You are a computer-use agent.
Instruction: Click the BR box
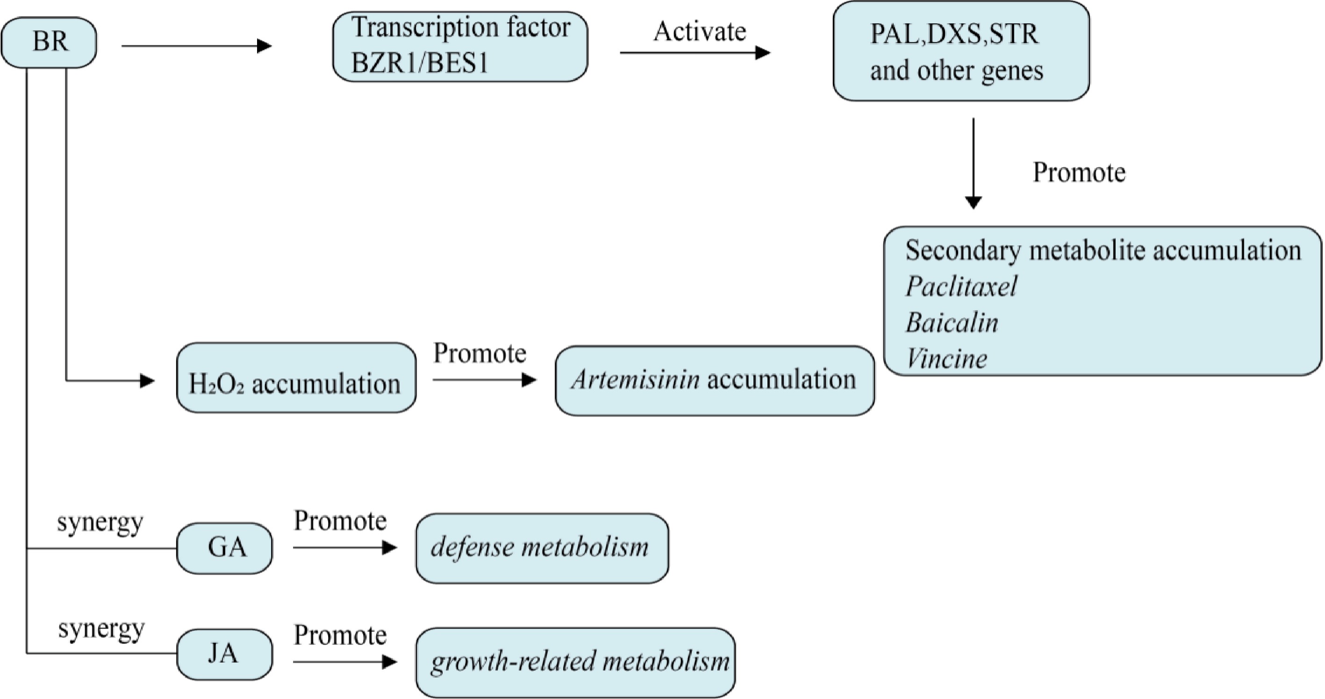point(49,42)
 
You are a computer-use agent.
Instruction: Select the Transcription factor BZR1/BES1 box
point(460,46)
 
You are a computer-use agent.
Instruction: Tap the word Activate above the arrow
point(700,32)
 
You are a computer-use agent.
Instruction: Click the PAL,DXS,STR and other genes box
point(961,51)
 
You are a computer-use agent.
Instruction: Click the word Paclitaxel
point(961,286)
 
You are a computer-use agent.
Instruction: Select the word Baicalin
point(952,323)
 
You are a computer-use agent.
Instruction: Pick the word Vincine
point(946,358)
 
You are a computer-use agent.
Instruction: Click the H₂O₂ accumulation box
point(296,378)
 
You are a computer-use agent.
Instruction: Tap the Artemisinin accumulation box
point(715,381)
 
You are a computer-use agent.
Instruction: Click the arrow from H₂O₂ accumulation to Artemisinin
point(484,380)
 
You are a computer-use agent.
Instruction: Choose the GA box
point(225,548)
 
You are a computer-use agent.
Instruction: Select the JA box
point(225,654)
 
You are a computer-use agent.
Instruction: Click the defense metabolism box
point(542,548)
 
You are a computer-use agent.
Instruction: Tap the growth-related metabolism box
point(576,662)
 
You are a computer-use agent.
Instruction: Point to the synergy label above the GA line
point(100,524)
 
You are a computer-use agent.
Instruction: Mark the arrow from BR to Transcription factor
point(196,46)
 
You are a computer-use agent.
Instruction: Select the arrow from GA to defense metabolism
point(344,548)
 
